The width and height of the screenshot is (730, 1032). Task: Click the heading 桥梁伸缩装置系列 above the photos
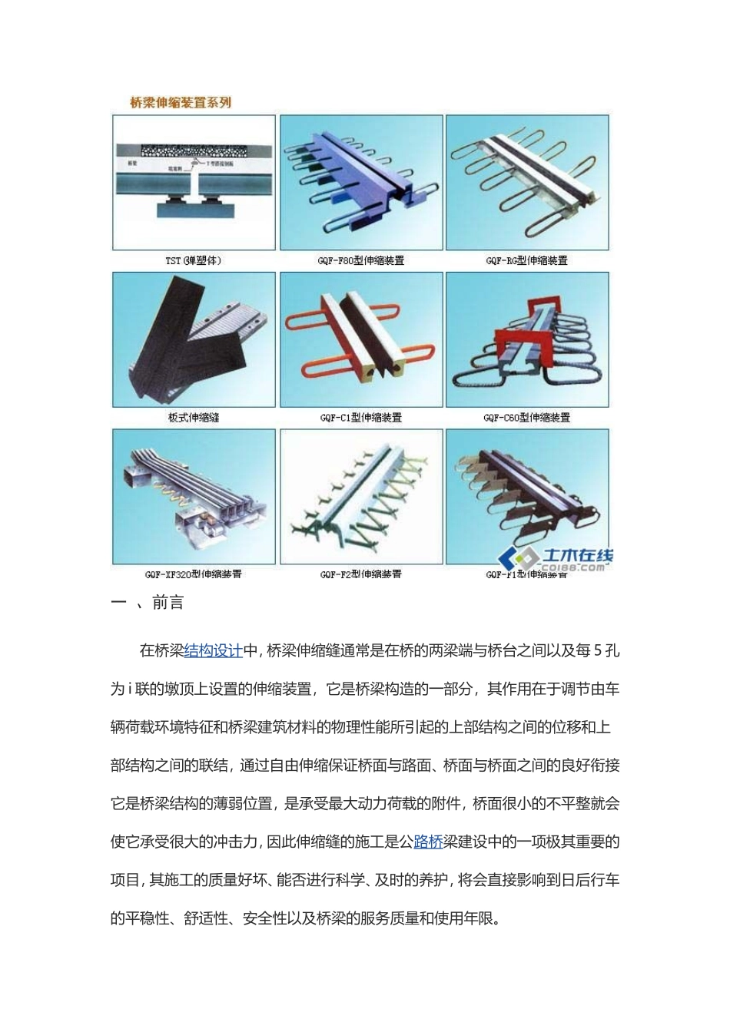point(181,103)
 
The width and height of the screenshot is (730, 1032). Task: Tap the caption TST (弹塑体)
point(194,260)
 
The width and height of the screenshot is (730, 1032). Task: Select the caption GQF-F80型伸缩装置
point(361,260)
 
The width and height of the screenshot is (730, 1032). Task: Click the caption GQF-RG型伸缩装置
point(527,260)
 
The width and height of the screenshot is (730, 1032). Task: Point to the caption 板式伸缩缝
point(194,418)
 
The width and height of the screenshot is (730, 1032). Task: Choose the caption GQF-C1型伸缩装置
point(361,418)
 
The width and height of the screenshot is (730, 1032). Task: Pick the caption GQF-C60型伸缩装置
point(527,418)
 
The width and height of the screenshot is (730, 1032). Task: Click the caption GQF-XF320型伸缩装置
point(194,574)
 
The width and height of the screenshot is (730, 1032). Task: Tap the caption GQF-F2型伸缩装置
point(361,574)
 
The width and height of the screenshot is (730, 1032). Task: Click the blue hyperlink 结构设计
point(214,651)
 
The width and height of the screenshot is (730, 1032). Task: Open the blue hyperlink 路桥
point(429,842)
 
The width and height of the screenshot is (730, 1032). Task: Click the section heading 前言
point(168,603)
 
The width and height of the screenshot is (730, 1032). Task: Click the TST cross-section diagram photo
point(194,183)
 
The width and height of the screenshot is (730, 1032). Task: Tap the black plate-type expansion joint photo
point(194,339)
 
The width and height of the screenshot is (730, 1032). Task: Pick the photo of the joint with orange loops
point(361,339)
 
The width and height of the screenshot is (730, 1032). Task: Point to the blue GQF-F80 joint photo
point(361,183)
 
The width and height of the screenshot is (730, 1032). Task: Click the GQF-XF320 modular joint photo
point(194,496)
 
